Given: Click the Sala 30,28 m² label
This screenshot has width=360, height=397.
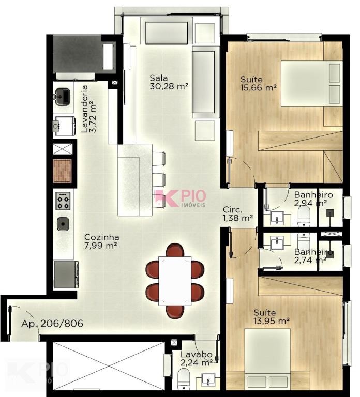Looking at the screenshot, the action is click(x=169, y=82).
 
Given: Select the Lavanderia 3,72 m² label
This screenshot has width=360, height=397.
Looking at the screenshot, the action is click(x=88, y=109).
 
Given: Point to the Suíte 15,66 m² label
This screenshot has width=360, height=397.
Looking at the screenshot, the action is click(x=259, y=83).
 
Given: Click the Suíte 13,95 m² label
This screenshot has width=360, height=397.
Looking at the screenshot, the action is click(x=272, y=316).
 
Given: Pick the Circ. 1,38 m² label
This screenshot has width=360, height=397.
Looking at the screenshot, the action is click(x=238, y=213).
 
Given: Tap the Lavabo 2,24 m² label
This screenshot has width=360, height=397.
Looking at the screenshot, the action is click(x=197, y=359).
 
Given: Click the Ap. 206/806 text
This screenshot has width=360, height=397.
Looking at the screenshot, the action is click(x=52, y=323).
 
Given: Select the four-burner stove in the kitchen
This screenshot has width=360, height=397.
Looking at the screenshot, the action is click(x=63, y=201).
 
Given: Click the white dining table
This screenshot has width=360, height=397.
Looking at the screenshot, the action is click(x=174, y=281).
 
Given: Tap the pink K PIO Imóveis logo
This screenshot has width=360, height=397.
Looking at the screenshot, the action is click(x=181, y=198).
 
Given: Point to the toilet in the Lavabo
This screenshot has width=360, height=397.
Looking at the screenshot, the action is click(x=184, y=379).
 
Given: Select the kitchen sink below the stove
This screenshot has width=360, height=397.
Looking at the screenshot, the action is click(x=63, y=224).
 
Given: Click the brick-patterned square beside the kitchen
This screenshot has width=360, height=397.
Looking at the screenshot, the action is click(x=62, y=171).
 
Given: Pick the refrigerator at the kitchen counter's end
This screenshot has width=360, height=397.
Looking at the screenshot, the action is click(x=66, y=274).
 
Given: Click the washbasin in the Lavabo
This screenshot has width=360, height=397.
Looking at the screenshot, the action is click(x=208, y=380).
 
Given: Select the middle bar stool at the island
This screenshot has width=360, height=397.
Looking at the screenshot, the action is click(x=159, y=179).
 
